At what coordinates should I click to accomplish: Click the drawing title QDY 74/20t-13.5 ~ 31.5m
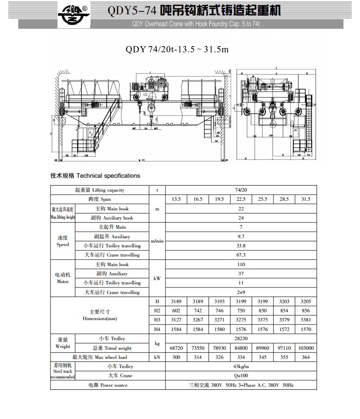click(x=177, y=49)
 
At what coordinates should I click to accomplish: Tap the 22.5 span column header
click(x=241, y=199)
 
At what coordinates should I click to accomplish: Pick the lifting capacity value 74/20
click(x=241, y=190)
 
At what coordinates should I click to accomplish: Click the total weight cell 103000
click(x=306, y=348)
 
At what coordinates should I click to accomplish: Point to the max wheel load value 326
click(x=219, y=357)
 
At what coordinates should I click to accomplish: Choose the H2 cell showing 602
click(x=176, y=311)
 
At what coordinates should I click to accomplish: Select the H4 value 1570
click(x=306, y=329)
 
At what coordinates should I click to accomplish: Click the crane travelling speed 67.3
click(x=241, y=255)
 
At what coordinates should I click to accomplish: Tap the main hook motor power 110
click(x=241, y=264)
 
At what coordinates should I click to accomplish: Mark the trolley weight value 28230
click(x=241, y=338)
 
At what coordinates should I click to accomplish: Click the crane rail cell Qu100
click(x=241, y=375)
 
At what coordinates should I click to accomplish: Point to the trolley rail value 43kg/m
click(x=241, y=366)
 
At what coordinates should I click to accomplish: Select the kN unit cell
click(x=157, y=357)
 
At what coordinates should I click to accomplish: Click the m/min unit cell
click(x=157, y=241)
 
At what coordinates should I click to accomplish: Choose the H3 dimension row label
click(x=157, y=320)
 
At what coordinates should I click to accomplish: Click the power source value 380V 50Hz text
click(x=241, y=385)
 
